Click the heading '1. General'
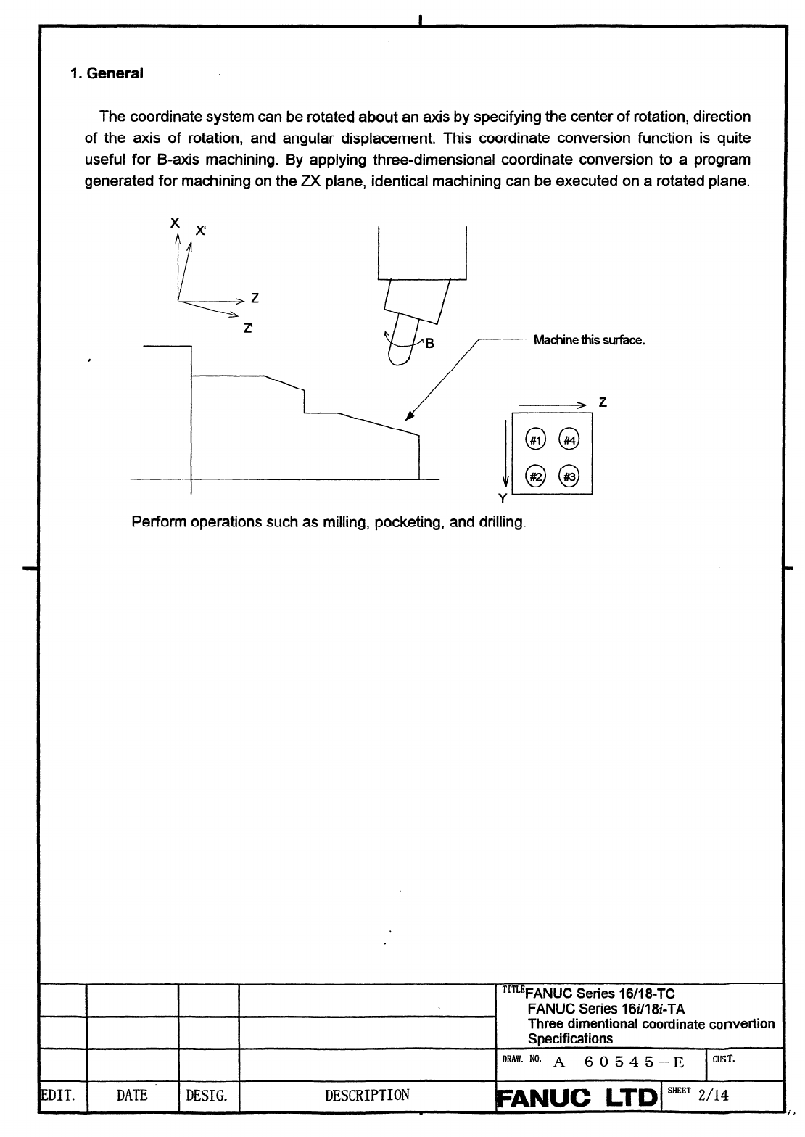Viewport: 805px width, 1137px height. point(107,73)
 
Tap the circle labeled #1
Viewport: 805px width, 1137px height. point(534,439)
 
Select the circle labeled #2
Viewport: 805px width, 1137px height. point(534,476)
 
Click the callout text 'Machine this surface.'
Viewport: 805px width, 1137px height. point(589,340)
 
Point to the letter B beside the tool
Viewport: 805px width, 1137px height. point(429,344)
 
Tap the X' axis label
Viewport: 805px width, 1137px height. point(200,231)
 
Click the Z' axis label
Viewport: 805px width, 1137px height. point(248,328)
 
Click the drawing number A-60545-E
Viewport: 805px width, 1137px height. point(619,1063)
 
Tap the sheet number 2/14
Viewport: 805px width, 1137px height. point(713,1096)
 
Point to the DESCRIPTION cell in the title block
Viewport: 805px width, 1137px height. point(367,1096)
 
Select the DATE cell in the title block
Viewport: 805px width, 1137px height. point(131,1096)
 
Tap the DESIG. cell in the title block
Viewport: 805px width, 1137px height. point(207,1096)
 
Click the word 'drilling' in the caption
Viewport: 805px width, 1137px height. point(501,522)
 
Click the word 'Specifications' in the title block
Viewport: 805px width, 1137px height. point(570,1038)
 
